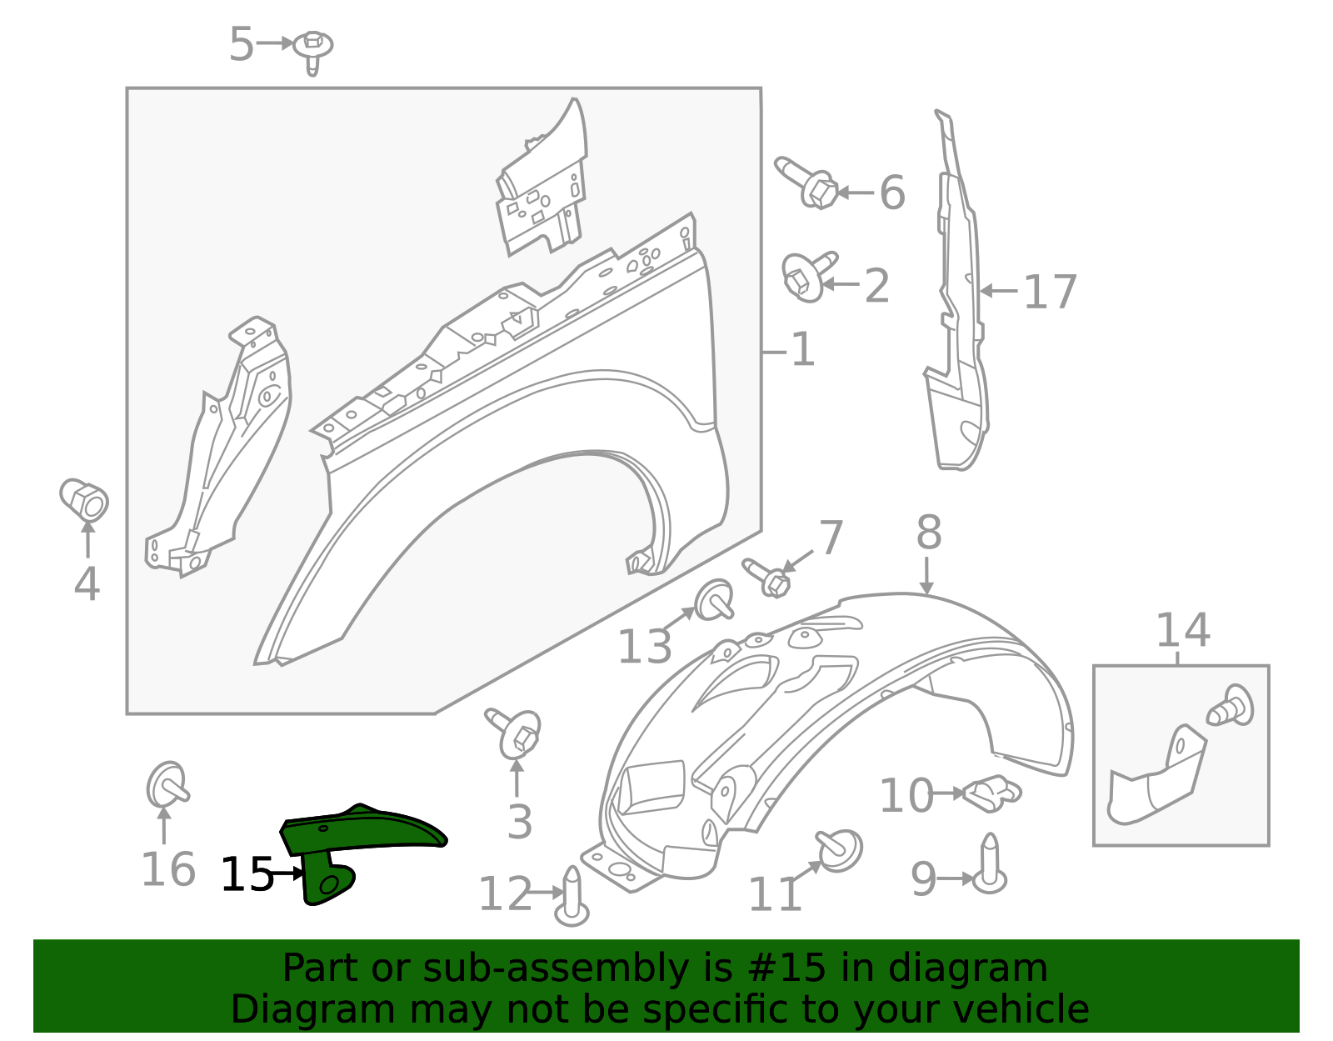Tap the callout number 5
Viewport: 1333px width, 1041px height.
click(x=241, y=44)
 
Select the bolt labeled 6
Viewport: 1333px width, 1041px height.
click(x=806, y=183)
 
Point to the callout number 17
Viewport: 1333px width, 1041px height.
click(x=1051, y=292)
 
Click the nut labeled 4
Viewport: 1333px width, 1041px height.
click(x=84, y=498)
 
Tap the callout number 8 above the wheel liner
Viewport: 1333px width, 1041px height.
click(x=929, y=533)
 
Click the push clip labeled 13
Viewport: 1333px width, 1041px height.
click(x=714, y=599)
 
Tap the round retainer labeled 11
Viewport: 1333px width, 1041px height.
click(x=839, y=850)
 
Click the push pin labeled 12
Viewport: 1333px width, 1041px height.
click(x=572, y=896)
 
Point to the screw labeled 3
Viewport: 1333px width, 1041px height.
click(x=514, y=733)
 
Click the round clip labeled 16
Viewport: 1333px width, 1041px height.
click(x=167, y=786)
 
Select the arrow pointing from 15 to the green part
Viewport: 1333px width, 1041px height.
click(x=287, y=873)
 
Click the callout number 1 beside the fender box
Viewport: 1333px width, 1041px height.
click(x=803, y=350)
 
